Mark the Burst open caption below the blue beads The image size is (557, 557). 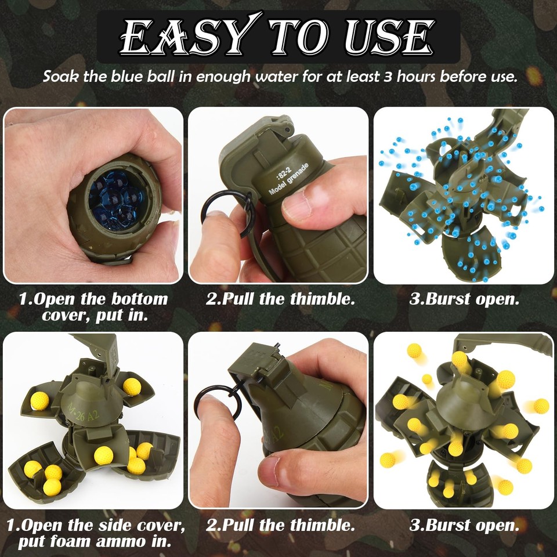(464, 299)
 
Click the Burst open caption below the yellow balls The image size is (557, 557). (464, 526)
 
